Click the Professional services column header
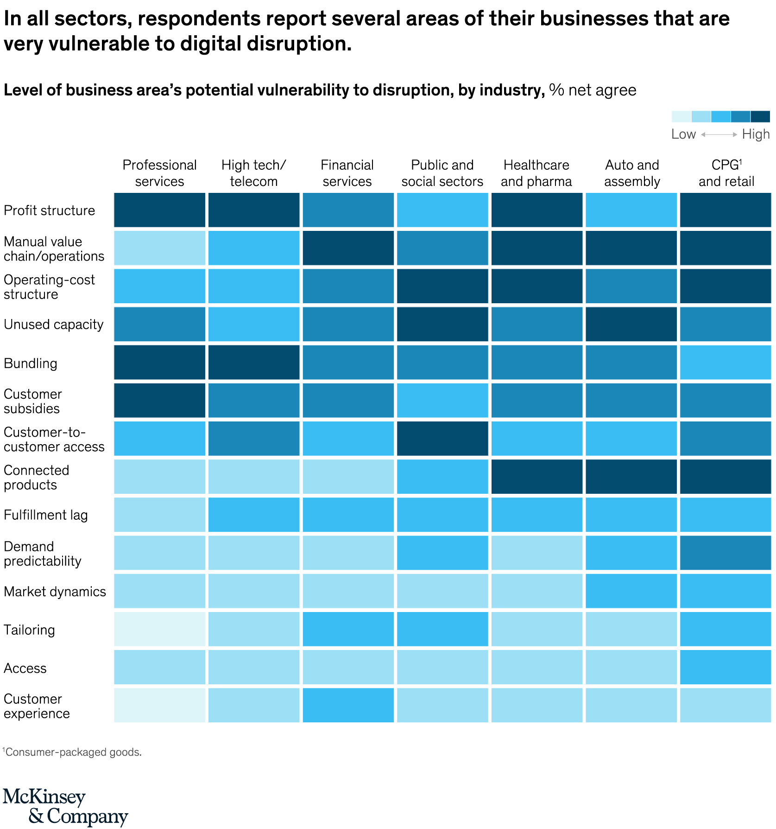(159, 173)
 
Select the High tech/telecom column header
(253, 173)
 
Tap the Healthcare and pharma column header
(536, 173)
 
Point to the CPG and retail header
(726, 173)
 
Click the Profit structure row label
(49, 210)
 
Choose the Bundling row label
(31, 363)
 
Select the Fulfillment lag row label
(45, 515)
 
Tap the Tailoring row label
(29, 630)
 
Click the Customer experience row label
(37, 706)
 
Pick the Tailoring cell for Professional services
(159, 629)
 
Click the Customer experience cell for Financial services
(348, 705)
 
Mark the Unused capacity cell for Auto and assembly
(631, 325)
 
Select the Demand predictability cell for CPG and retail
(726, 553)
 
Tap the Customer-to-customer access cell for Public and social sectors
(442, 439)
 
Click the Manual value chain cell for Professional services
(159, 248)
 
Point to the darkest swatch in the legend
(760, 116)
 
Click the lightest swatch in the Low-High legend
(681, 116)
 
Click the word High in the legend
(756, 134)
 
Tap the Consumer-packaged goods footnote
(72, 752)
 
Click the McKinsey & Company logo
(65, 806)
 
